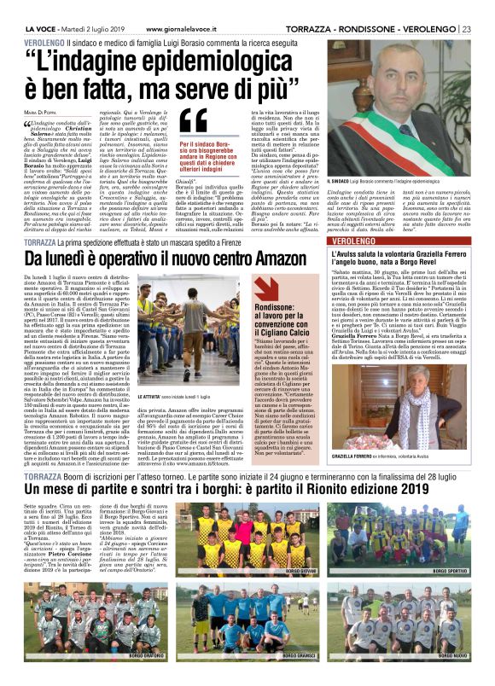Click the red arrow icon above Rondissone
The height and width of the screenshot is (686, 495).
point(264,287)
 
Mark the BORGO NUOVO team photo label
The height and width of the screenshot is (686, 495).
point(451,656)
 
